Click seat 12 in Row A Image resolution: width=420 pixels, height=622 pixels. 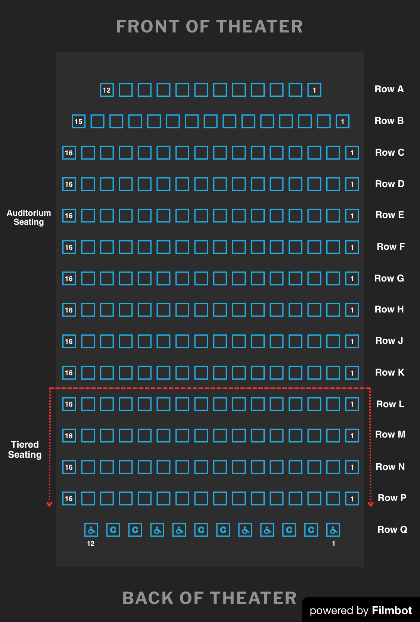tap(107, 90)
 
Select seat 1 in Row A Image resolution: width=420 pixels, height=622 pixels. tap(314, 90)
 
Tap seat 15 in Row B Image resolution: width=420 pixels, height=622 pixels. tap(78, 121)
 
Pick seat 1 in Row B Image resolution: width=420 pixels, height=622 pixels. tap(342, 121)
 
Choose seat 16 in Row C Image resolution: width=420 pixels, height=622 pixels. tap(69, 153)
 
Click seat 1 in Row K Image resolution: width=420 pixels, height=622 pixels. tap(352, 373)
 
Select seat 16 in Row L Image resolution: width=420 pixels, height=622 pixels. tap(69, 404)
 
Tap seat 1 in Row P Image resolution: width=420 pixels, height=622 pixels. tap(352, 498)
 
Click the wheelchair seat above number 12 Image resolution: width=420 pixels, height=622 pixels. tap(91, 530)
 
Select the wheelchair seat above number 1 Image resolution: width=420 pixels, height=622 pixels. tap(333, 530)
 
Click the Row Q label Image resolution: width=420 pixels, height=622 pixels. tap(392, 529)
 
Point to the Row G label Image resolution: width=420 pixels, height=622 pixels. tap(389, 278)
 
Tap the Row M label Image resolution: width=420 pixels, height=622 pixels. tap(390, 434)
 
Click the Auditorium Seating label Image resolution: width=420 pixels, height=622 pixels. tap(29, 217)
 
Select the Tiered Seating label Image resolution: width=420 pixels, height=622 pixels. tap(25, 450)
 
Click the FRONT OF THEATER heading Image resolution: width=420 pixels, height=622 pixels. tap(209, 27)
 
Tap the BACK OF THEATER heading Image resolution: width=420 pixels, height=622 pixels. tap(209, 598)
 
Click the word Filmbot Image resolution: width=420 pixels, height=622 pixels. tap(392, 610)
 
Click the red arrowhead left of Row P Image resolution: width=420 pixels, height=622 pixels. tap(49, 504)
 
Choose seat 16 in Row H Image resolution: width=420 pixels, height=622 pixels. tap(69, 310)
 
